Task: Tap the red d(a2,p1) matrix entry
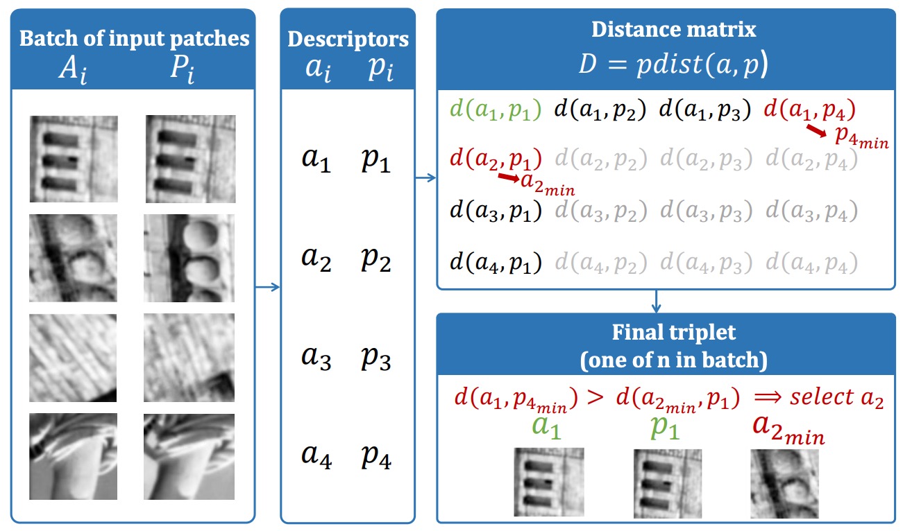[x=496, y=159]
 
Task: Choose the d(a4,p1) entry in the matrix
[x=496, y=262]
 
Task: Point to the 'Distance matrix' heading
[x=673, y=29]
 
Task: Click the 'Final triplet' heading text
[x=673, y=331]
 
